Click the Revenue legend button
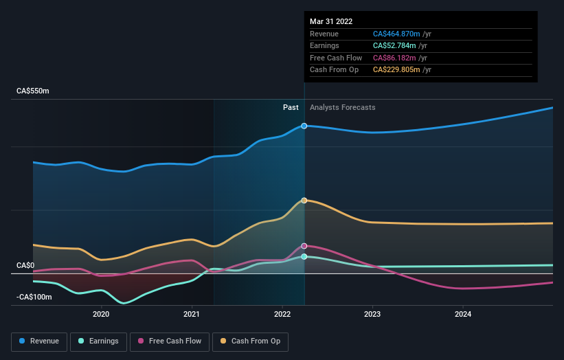(x=39, y=341)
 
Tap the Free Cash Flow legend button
(x=170, y=341)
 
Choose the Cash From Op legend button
(x=250, y=341)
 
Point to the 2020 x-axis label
(x=101, y=315)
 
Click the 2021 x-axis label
(x=192, y=315)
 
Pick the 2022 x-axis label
(x=282, y=315)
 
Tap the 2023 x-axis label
(x=372, y=315)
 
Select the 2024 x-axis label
(x=463, y=315)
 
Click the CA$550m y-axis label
(x=34, y=91)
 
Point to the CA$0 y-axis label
(x=26, y=265)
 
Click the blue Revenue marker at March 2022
(x=304, y=126)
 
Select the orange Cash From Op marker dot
(x=304, y=200)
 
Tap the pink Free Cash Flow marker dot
(x=304, y=245)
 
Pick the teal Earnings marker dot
(x=304, y=256)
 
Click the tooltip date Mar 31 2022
(x=331, y=21)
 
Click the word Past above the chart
(x=291, y=107)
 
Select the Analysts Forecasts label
(x=343, y=107)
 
